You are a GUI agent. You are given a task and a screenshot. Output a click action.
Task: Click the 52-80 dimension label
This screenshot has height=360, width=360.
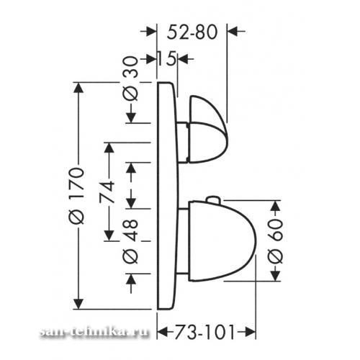pos(192,32)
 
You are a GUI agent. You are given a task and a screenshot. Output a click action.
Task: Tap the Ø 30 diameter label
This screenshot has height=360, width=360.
pos(131,78)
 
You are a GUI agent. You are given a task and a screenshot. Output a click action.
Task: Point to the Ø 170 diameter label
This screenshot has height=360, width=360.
pos(77,196)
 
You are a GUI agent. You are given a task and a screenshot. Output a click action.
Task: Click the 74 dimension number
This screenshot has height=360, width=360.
pos(107,192)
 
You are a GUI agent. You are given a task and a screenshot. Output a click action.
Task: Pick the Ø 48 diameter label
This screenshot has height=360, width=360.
pos(131,242)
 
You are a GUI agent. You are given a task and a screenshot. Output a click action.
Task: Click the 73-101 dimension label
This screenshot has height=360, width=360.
pos(204,333)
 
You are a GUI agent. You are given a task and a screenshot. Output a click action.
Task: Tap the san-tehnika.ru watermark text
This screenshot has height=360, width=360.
pos(94,332)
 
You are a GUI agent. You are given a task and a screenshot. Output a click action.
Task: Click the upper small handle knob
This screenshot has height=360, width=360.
pos(207,130)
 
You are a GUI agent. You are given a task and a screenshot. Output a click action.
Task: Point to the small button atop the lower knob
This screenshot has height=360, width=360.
pos(213,199)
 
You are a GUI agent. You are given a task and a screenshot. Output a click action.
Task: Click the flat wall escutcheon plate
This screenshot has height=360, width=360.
pos(168,196)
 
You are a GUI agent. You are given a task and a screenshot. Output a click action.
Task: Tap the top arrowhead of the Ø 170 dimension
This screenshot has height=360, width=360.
pos(78,87)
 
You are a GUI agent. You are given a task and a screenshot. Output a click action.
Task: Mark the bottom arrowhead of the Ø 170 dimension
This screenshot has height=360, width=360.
pos(78,304)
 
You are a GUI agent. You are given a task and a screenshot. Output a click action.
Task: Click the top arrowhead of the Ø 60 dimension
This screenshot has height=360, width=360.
pos(276,206)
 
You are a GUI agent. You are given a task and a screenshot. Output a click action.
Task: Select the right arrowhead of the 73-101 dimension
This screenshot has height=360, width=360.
pos(250,333)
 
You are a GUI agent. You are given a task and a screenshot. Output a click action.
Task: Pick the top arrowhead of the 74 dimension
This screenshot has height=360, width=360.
pos(109,148)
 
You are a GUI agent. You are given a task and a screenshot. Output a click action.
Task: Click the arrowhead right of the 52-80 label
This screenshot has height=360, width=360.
pos(233,31)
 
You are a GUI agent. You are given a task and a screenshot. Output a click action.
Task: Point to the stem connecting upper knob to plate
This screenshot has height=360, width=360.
pos(182,142)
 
